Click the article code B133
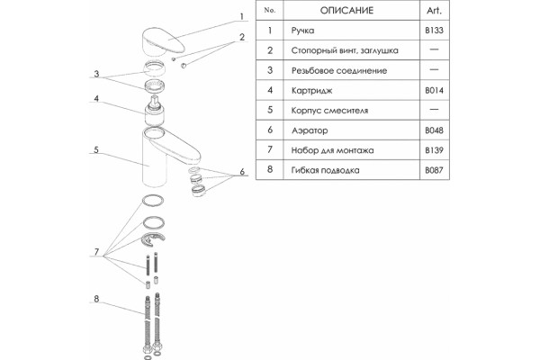pos(434,31)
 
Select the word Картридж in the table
pos(311,91)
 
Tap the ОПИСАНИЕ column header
pos(346,10)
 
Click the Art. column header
pos(434,10)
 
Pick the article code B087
pos(434,170)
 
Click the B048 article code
pos(434,130)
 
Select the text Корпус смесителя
pos(329,111)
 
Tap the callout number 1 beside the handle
pos(242,16)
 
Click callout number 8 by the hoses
pos(96,299)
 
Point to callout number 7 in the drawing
pos(96,252)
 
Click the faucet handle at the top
pos(163,41)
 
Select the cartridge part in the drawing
pos(154,111)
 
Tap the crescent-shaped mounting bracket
pos(153,239)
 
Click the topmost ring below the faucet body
pos(153,201)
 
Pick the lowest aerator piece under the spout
pos(198,191)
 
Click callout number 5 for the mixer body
pos(96,150)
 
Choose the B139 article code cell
pos(434,150)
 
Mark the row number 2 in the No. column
pos(270,50)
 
